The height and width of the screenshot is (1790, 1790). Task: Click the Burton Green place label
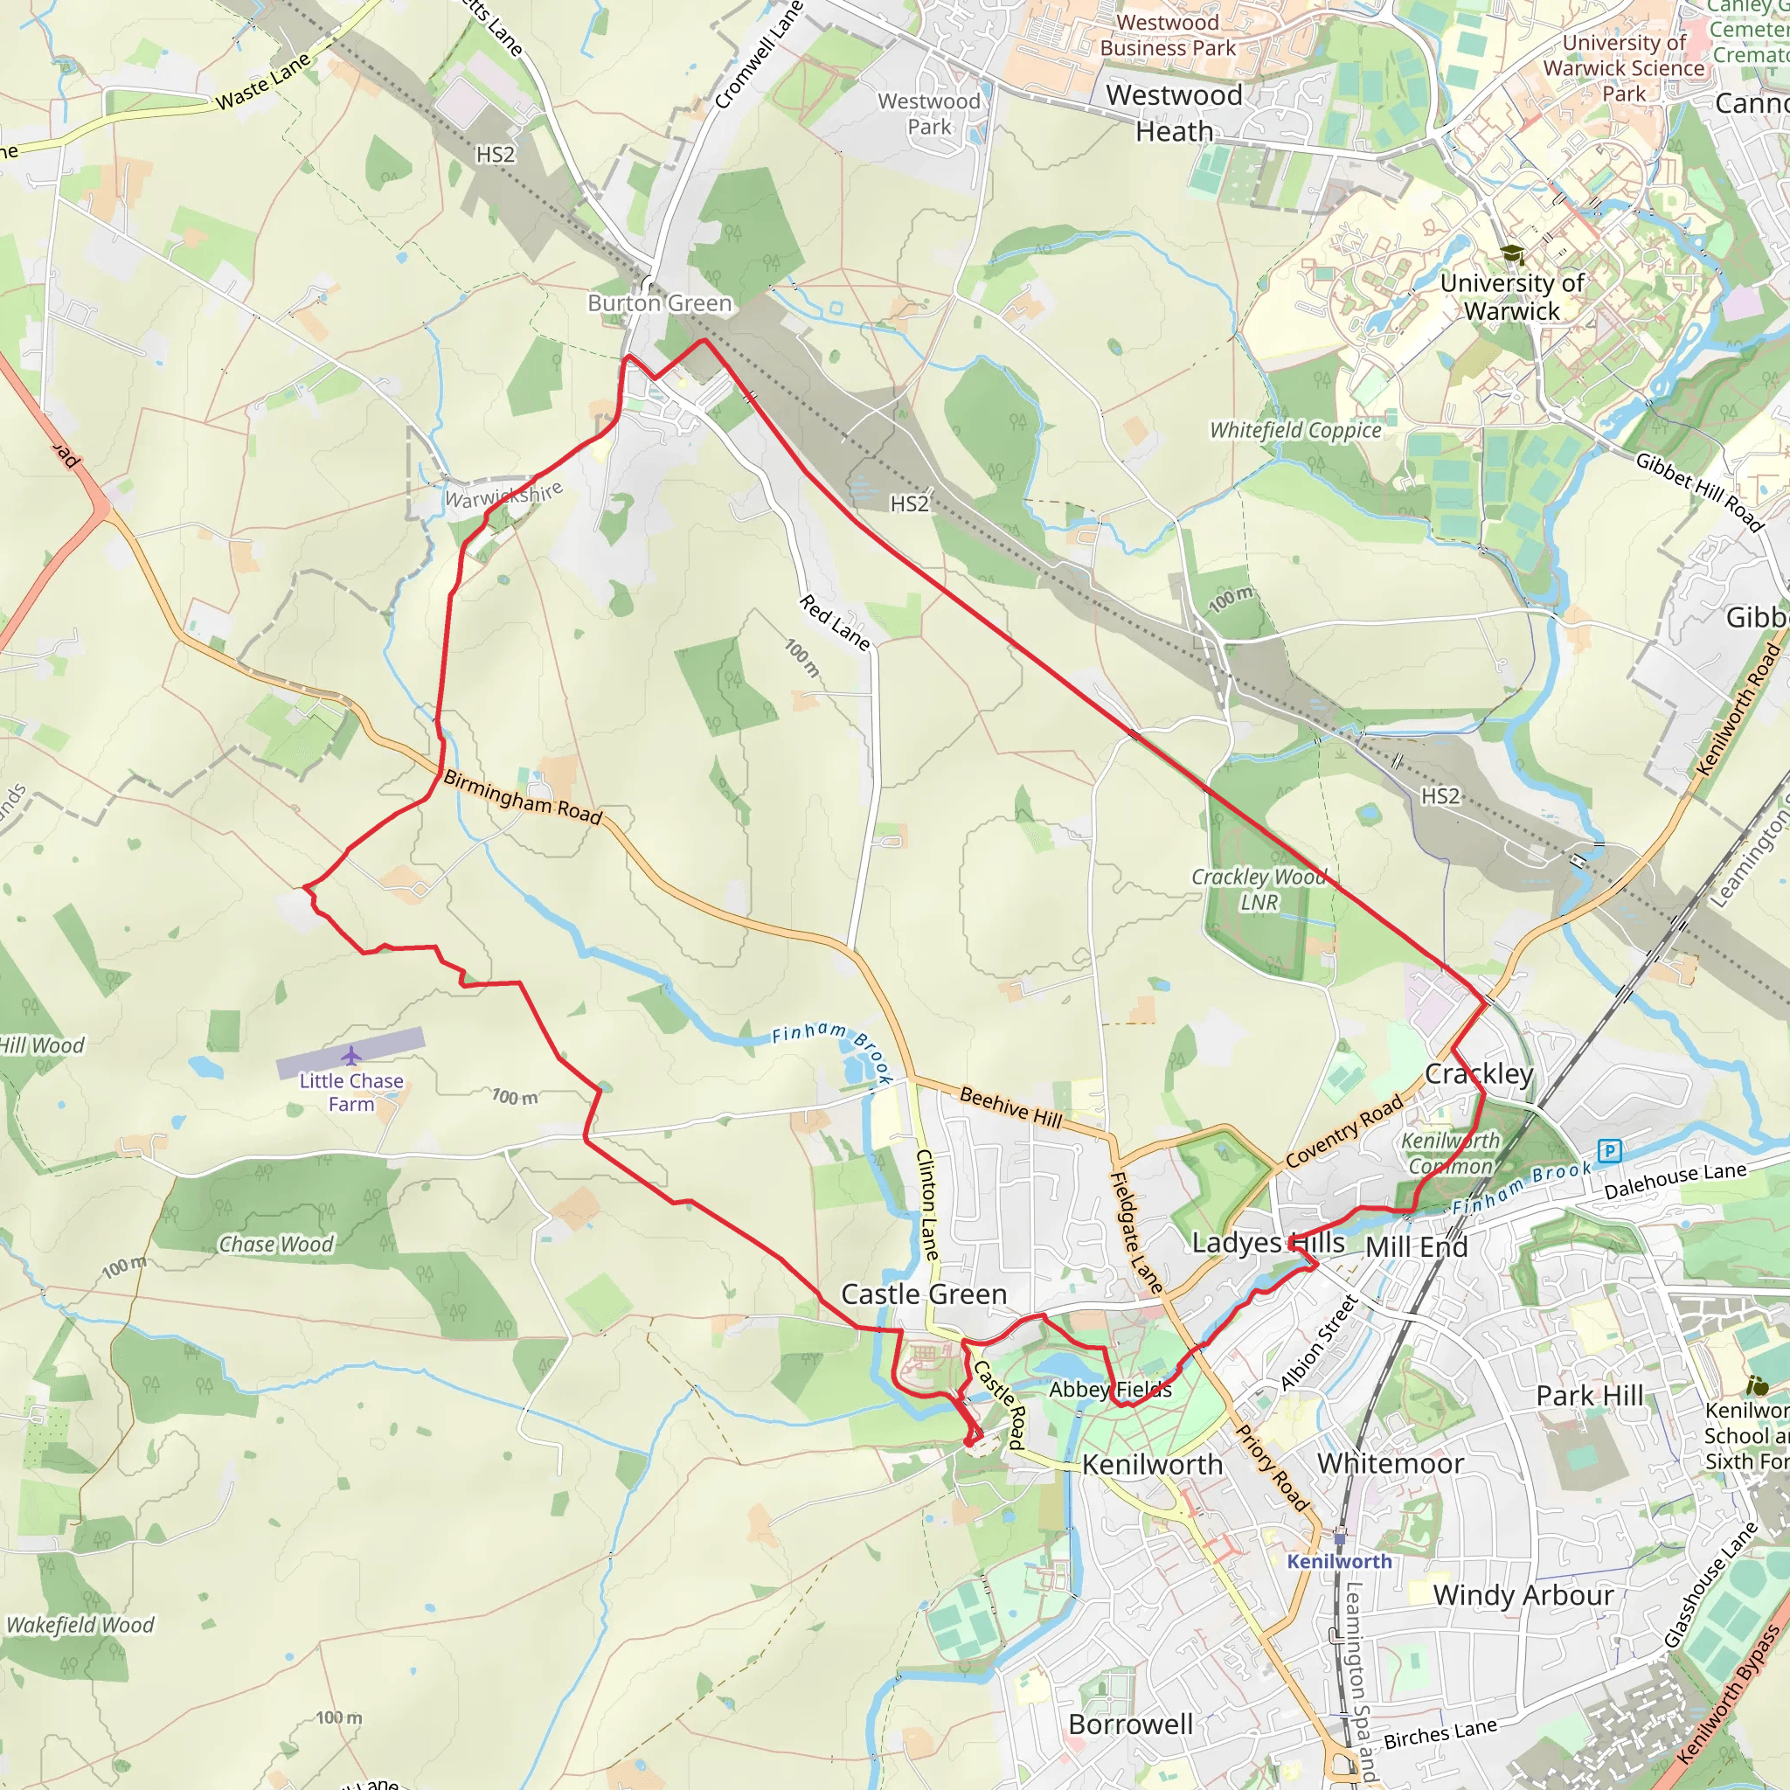pos(660,303)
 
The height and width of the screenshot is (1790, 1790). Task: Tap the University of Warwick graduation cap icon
pos(1512,255)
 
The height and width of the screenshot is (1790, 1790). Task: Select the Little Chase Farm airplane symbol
pos(350,1055)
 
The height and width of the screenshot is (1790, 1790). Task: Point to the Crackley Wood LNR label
pos(1259,890)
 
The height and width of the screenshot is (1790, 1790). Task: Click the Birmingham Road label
pos(523,797)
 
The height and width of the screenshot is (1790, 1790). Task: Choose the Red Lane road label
pos(835,622)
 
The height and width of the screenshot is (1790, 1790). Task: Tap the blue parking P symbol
pos(1610,1151)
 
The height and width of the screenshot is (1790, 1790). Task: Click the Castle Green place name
pos(924,1294)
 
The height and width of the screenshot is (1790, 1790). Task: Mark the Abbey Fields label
pos(1110,1390)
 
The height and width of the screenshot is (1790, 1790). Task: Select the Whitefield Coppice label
pos(1295,430)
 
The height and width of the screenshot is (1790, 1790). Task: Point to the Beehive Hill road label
pos(1011,1107)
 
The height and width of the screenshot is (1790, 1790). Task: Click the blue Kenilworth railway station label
pos(1339,1561)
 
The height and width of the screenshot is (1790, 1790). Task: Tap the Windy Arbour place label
pos(1523,1595)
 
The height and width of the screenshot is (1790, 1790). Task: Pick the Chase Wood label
pos(276,1245)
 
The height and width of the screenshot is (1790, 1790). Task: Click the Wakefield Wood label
pos(80,1625)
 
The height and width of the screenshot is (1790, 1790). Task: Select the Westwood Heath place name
pos(1175,113)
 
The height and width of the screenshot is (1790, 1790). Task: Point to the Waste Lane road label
pos(264,81)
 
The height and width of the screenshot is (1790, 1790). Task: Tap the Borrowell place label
pos(1130,1724)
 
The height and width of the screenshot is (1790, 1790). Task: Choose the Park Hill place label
pos(1590,1395)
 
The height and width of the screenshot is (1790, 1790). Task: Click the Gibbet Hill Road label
pos(1699,491)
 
